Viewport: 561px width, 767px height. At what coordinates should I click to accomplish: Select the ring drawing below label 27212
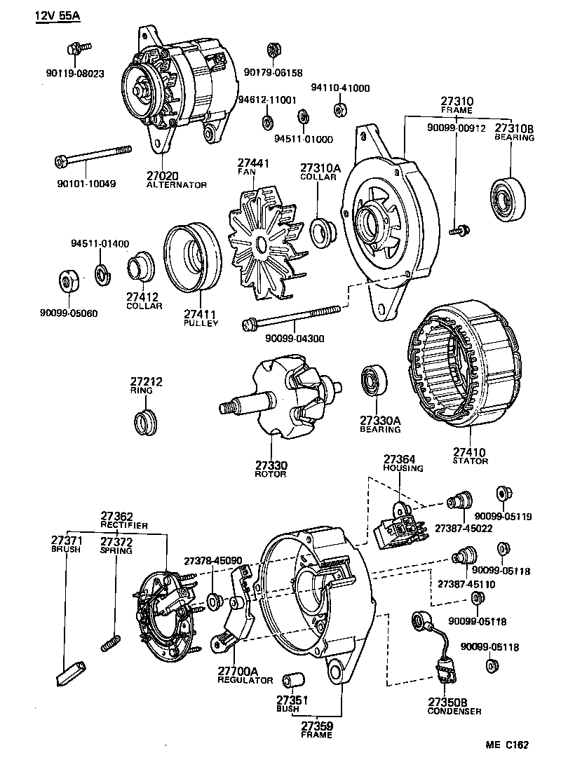[144, 423]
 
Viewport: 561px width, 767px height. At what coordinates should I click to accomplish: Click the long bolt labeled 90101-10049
[93, 156]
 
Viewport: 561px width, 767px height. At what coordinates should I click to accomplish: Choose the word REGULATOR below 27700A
[245, 680]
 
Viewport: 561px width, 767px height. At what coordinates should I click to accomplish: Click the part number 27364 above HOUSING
[399, 459]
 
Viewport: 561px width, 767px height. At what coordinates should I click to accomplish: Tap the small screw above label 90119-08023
[77, 48]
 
